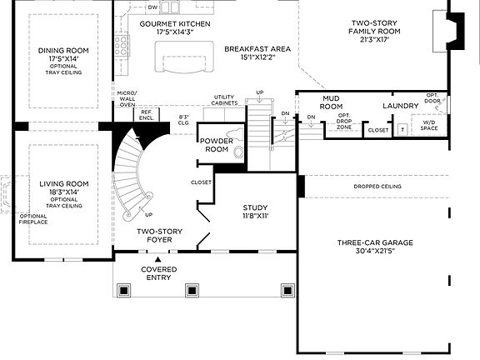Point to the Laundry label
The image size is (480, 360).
(x=400, y=107)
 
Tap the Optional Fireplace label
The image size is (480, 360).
(x=33, y=219)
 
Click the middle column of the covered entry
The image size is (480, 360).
(x=192, y=290)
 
